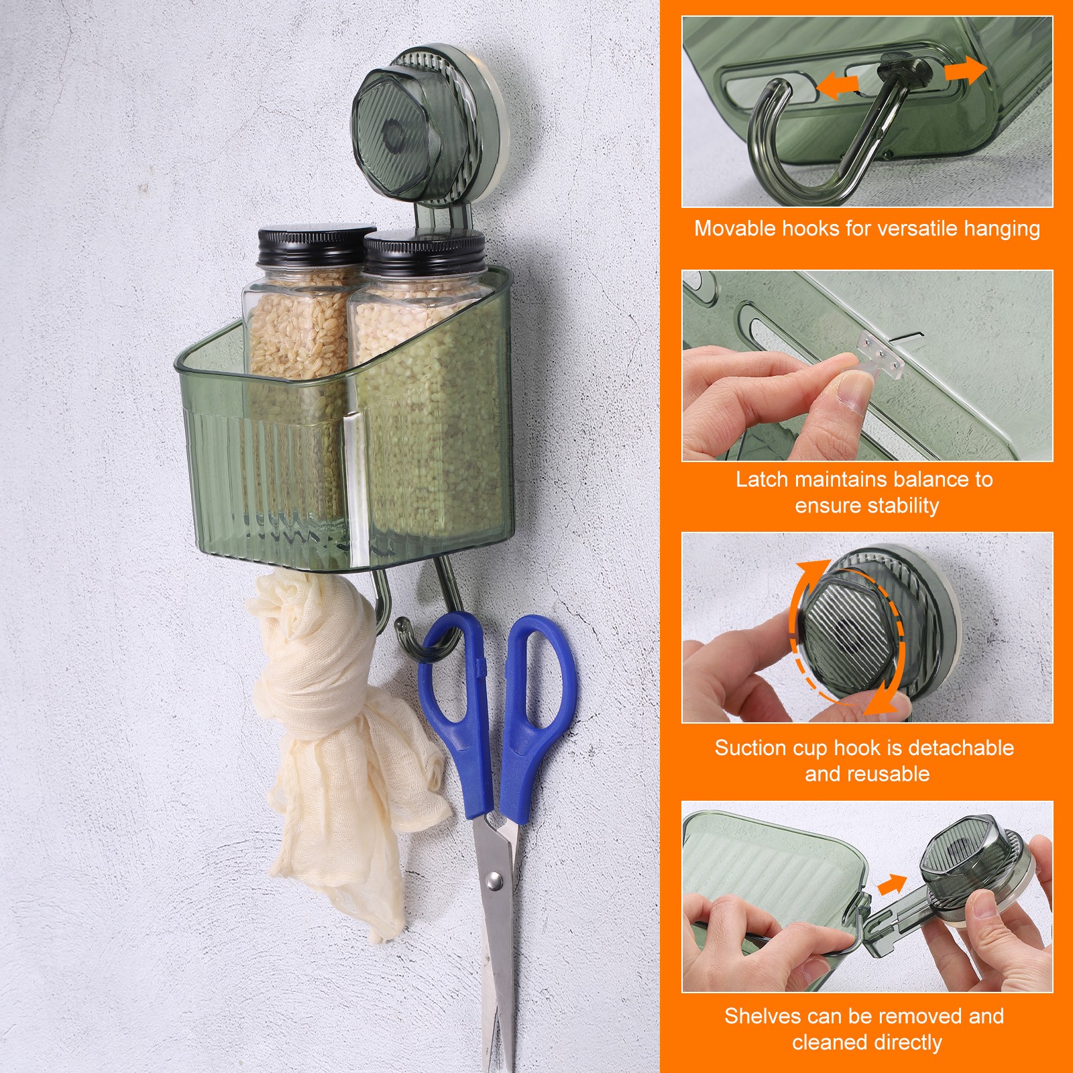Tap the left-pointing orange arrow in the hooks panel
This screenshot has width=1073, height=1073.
[x=838, y=85]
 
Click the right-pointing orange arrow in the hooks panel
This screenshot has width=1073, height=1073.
[x=966, y=70]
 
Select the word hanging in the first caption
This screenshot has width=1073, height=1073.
[x=1002, y=229]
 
